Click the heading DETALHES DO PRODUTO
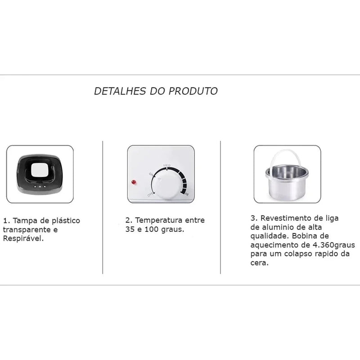[156, 91]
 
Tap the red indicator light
[134, 182]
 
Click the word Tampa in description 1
[23, 221]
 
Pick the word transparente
[26, 229]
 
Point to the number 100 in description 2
[153, 229]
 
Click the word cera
[258, 263]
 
